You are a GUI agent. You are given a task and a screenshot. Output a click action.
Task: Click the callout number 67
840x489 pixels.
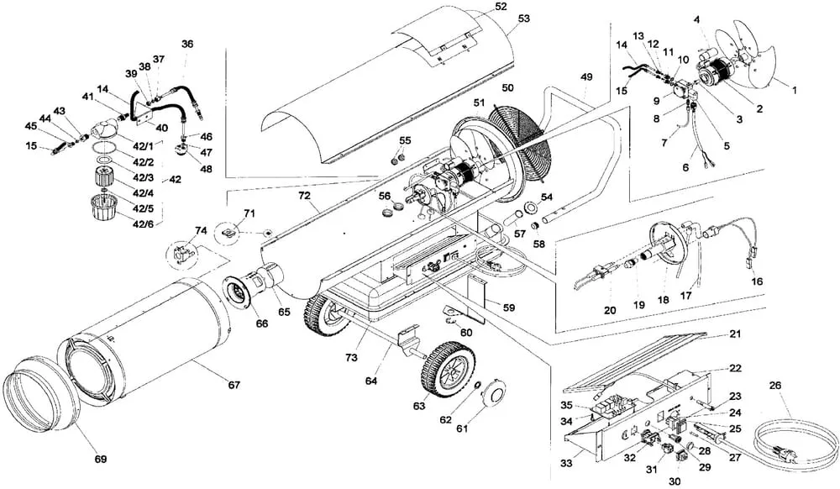[x=234, y=385]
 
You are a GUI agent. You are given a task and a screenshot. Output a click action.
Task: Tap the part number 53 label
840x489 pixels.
[x=524, y=18]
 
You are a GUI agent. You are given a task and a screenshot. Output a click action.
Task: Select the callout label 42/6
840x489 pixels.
[x=143, y=223]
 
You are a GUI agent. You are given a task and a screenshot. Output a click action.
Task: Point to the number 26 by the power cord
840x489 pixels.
[x=775, y=385]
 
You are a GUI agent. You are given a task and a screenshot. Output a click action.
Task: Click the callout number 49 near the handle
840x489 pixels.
[x=586, y=76]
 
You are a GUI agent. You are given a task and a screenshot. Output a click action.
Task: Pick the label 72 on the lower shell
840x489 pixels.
[x=304, y=196]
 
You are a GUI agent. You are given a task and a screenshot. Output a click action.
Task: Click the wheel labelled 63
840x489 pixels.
[x=442, y=370]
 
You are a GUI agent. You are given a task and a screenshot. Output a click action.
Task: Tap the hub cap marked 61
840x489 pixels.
[x=493, y=395]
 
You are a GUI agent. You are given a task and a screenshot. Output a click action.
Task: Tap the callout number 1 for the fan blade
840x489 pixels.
[x=795, y=91]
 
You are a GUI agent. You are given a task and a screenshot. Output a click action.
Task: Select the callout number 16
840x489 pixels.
[x=757, y=281]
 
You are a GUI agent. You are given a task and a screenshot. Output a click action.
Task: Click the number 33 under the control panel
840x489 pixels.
[x=567, y=464]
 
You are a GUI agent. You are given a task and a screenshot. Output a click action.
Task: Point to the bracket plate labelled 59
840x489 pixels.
[x=476, y=298]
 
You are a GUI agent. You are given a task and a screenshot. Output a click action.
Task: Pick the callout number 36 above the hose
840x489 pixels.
[x=187, y=44]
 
